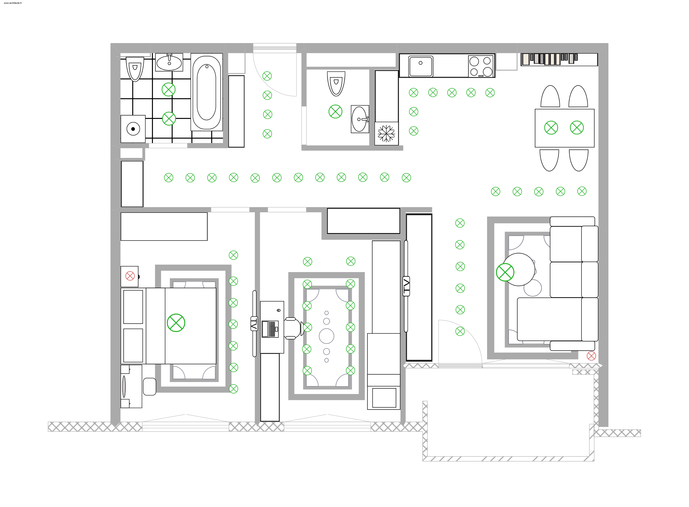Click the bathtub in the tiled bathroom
[x=207, y=92]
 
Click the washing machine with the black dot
[x=133, y=129]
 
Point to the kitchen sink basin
[x=421, y=66]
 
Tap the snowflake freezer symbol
[x=386, y=133]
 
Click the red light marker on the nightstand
[x=130, y=276]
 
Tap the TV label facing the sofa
[x=406, y=286]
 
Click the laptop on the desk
[x=270, y=329]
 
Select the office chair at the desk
[x=293, y=328]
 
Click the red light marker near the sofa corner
[x=591, y=356]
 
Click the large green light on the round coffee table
[x=505, y=272]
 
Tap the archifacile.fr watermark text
[x=13, y=3]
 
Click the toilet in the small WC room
[x=336, y=83]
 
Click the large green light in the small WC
[x=335, y=111]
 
